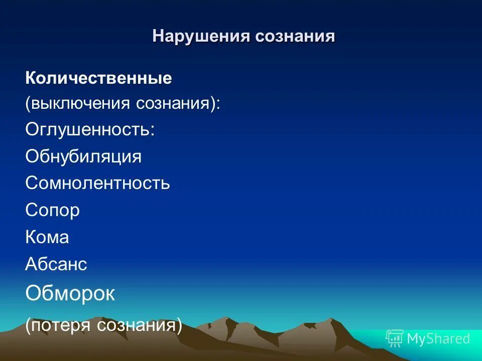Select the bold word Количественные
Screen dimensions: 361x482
[98, 78]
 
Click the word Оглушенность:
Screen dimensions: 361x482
[90, 130]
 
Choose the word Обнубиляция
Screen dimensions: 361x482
[83, 156]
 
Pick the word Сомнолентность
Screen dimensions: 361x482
[98, 183]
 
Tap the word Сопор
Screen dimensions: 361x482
[52, 210]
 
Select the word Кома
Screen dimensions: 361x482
[47, 237]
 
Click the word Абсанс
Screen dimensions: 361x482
[56, 264]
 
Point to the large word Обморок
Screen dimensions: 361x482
[70, 294]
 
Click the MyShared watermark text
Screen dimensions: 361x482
[438, 338]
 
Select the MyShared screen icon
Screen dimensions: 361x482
[395, 338]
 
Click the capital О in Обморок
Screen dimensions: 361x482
[33, 294]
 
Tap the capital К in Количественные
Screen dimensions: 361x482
[30, 78]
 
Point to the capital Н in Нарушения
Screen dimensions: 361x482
[157, 36]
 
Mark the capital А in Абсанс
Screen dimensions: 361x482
[30, 264]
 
